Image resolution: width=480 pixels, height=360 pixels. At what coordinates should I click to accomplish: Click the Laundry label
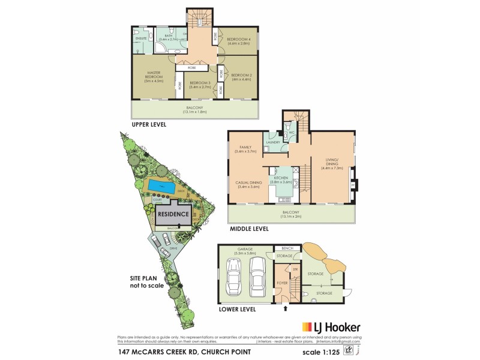[273, 142]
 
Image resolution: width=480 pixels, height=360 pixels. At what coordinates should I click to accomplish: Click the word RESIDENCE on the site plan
[173, 214]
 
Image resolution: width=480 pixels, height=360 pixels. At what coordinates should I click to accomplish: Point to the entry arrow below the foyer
[286, 309]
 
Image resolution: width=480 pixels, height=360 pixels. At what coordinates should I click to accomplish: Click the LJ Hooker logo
[338, 327]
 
